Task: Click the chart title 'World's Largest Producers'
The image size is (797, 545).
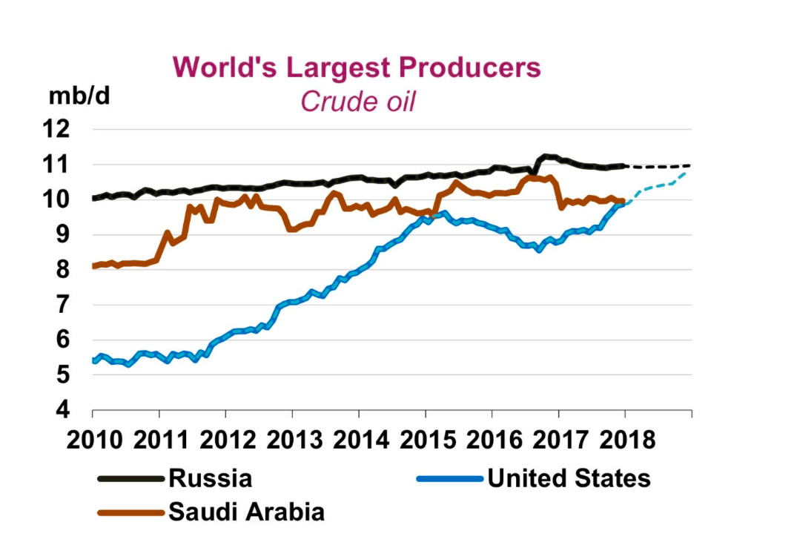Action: point(357,67)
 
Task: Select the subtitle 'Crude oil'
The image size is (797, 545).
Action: point(357,102)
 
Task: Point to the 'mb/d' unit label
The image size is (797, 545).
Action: point(79,96)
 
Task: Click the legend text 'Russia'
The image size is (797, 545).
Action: point(211,478)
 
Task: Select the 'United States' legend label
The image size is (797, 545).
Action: point(569,478)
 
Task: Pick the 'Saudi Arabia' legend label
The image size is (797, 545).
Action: point(246,512)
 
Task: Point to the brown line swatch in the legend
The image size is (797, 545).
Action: point(130,512)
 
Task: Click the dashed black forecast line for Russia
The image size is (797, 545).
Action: point(660,167)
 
